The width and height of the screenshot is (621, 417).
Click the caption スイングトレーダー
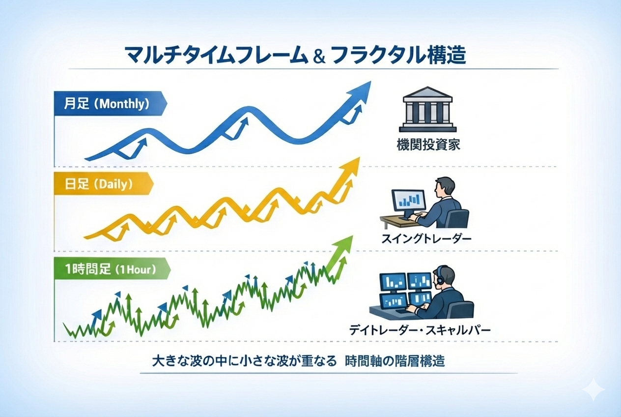[x=426, y=239]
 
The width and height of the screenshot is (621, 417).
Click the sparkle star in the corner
[x=593, y=390]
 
